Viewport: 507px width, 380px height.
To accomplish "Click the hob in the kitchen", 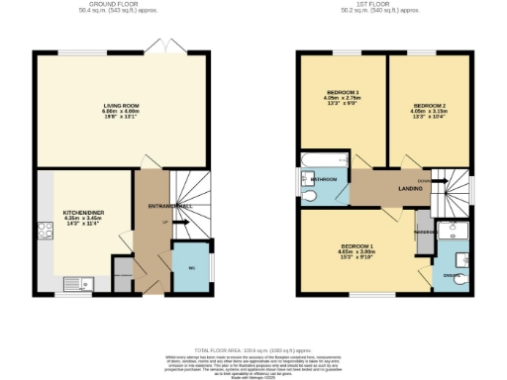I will [x=45, y=232].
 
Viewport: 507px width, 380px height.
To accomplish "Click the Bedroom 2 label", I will [x=428, y=104].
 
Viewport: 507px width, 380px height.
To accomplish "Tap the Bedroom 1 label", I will [x=357, y=244].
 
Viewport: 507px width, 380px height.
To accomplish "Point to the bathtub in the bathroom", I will [x=323, y=160].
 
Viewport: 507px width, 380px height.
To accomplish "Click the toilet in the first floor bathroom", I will [x=312, y=195].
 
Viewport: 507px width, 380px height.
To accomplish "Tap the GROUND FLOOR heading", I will [x=122, y=5].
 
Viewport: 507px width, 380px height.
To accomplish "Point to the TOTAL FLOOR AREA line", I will [x=253, y=350].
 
